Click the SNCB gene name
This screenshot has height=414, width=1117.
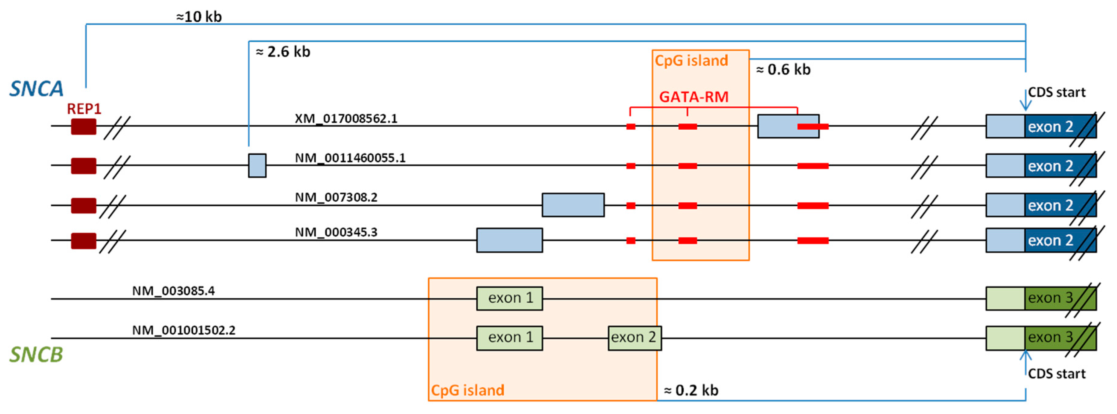tap(36, 355)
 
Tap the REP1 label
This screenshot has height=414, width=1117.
tap(84, 109)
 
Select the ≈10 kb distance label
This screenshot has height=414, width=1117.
tap(199, 17)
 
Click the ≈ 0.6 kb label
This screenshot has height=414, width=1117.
tap(783, 70)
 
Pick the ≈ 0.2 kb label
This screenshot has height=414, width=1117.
tap(691, 390)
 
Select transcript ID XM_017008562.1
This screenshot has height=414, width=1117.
tap(346, 118)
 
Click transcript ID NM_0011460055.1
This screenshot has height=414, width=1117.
tap(350, 158)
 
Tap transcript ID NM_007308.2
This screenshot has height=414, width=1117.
tap(336, 197)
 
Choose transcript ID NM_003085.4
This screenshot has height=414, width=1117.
tap(173, 290)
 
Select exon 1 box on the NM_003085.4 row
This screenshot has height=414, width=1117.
tap(510, 298)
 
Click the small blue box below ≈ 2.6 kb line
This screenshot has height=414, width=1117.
tap(257, 165)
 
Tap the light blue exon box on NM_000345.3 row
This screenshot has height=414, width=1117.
tap(510, 240)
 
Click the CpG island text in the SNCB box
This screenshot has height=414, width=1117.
tap(467, 390)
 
